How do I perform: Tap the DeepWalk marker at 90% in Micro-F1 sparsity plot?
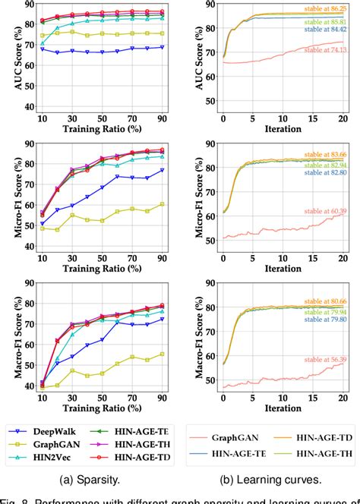tap(162, 170)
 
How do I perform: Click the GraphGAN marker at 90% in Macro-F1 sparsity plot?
tap(162, 354)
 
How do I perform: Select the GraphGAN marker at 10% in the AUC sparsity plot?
tap(42, 36)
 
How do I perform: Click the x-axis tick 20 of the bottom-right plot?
tap(343, 395)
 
